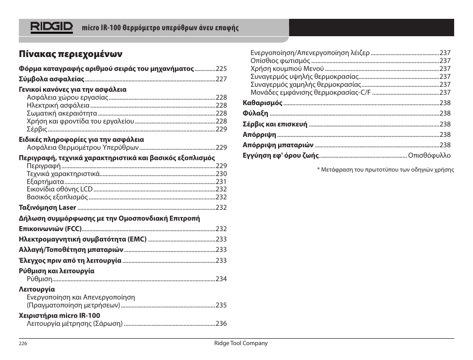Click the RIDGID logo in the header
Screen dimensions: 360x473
click(52, 27)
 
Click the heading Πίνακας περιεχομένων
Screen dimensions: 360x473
click(70, 54)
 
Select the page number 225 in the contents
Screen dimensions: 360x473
click(221, 69)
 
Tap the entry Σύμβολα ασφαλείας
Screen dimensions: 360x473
click(52, 79)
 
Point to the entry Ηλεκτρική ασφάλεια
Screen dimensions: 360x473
click(58, 106)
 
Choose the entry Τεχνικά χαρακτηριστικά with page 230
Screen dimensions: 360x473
click(63, 174)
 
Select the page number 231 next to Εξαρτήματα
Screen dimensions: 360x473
click(221, 182)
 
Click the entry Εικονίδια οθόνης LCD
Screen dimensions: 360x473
click(60, 189)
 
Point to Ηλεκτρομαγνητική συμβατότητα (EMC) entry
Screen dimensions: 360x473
click(82, 239)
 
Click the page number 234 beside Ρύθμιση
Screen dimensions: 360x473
click(221, 279)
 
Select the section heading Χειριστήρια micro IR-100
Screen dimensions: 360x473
click(59, 315)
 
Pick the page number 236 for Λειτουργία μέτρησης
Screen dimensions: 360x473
click(221, 324)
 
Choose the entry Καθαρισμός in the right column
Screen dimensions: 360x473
click(262, 103)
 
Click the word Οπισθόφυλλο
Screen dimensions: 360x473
click(429, 156)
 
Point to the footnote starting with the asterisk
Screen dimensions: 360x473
click(385, 170)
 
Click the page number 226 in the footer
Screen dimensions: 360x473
click(23, 344)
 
